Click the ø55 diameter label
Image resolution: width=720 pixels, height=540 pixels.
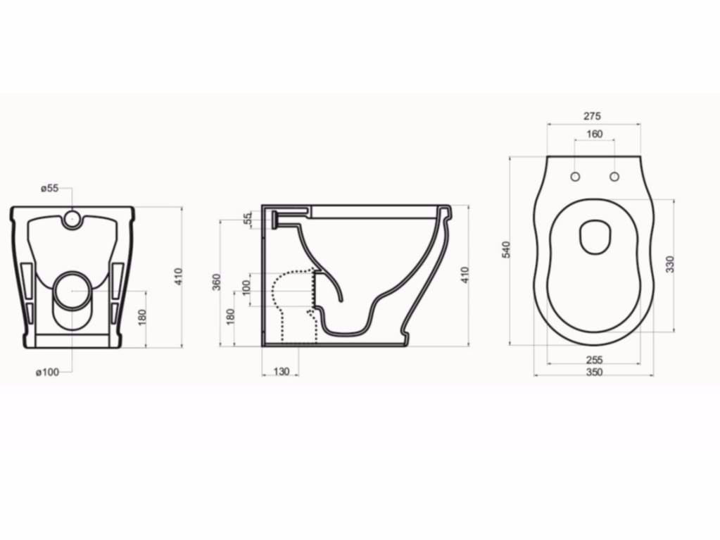49,188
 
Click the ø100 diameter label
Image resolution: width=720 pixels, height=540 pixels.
48,372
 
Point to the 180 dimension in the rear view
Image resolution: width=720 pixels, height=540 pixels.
142,318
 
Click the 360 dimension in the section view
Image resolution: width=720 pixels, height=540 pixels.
216,282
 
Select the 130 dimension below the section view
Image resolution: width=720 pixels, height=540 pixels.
281,371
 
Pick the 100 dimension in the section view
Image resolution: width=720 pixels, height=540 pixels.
246,288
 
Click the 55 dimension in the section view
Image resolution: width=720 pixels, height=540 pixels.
246,219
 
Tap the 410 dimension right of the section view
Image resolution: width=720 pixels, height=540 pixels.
464,275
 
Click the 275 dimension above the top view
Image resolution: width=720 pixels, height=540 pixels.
593,116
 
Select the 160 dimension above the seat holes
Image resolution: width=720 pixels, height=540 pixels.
595,134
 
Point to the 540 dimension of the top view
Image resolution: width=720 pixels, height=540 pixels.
505,249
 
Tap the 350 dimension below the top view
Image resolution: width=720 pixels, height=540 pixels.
594,372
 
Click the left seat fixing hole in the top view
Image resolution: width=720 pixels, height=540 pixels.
575,176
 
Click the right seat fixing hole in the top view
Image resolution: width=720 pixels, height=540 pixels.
614,176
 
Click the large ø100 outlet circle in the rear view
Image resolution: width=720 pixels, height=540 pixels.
72,289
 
